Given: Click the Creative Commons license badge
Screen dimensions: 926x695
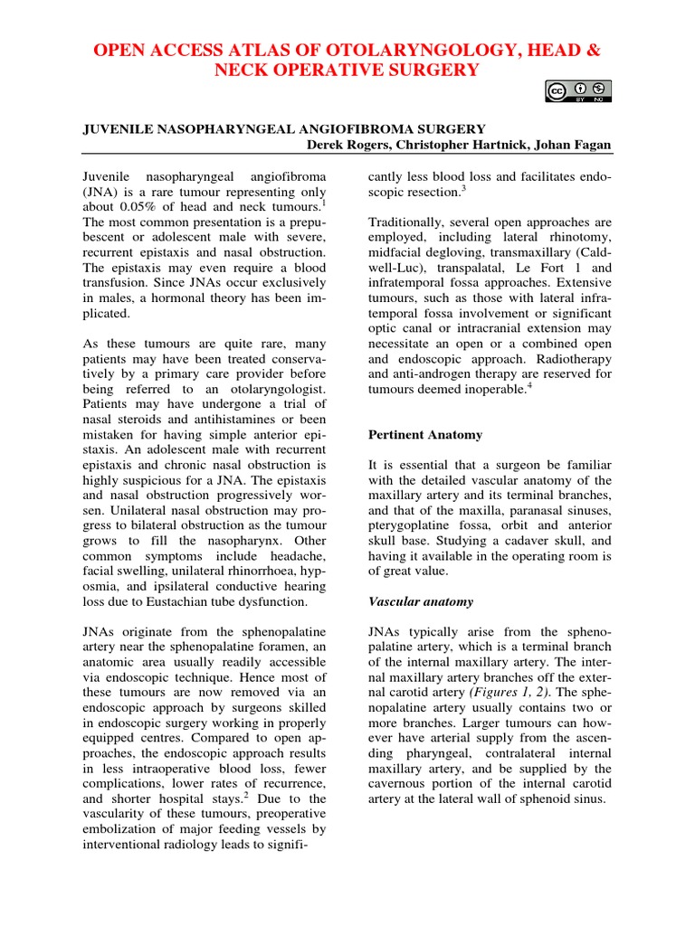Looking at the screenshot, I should (x=577, y=90).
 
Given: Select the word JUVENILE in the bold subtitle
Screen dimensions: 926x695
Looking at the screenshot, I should (x=118, y=129).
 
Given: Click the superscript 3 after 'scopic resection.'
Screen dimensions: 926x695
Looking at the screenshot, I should (x=464, y=185).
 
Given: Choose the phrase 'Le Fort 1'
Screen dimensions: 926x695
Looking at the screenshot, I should (x=543, y=269).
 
